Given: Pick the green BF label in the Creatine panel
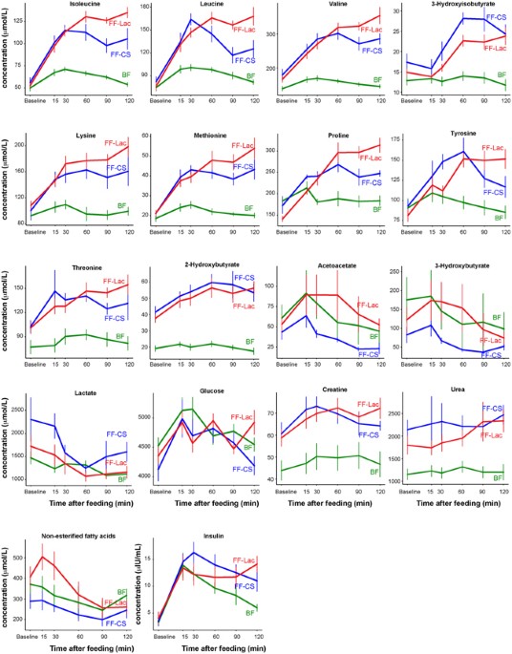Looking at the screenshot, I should click(373, 472).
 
